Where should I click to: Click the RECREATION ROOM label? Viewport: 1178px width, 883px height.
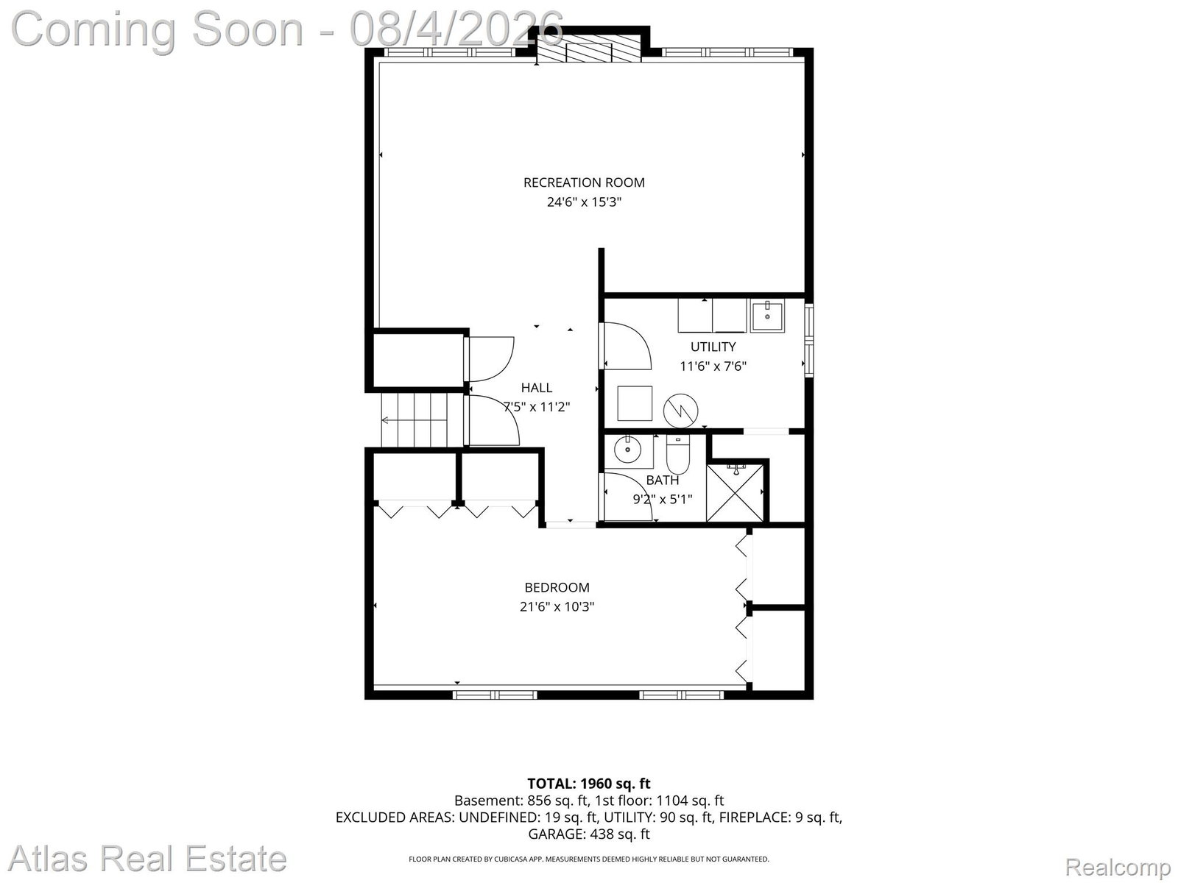point(584,182)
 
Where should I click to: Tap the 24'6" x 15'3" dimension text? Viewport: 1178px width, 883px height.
point(584,202)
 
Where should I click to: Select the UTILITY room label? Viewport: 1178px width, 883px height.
point(713,347)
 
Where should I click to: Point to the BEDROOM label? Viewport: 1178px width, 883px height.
point(557,588)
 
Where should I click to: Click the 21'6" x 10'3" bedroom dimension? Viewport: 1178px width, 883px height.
point(557,607)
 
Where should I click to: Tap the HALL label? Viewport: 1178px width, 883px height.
point(537,388)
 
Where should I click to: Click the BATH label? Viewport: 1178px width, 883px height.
point(662,480)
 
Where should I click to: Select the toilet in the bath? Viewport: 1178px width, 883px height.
point(678,454)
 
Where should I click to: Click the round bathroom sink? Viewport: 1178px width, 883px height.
point(627,450)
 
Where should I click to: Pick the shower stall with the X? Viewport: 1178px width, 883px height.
point(735,493)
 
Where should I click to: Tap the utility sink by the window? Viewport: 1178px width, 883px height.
point(767,317)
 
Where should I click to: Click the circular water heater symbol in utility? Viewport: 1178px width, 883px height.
point(680,411)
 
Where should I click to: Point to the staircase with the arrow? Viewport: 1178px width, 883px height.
point(414,419)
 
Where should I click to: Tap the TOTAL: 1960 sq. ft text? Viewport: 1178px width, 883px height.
point(589,784)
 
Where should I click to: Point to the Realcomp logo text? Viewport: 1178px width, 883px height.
point(1118,867)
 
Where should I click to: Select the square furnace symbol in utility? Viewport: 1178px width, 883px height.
point(635,403)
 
